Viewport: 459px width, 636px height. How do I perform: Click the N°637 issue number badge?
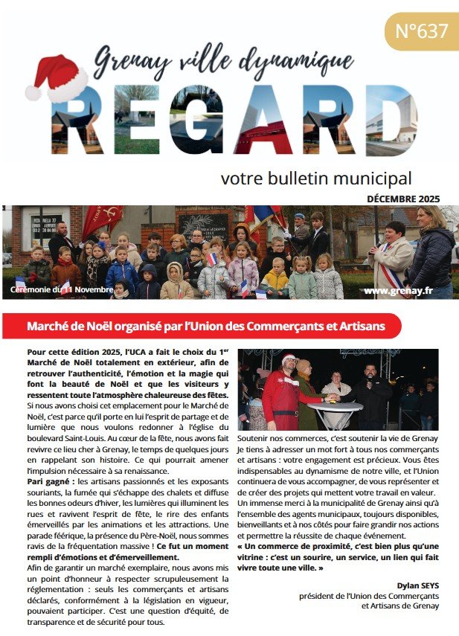click(421, 32)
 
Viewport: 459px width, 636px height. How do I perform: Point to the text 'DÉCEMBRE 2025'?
click(403, 199)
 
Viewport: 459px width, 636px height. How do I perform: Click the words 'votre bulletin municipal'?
click(316, 179)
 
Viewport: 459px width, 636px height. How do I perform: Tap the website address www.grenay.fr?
click(398, 290)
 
